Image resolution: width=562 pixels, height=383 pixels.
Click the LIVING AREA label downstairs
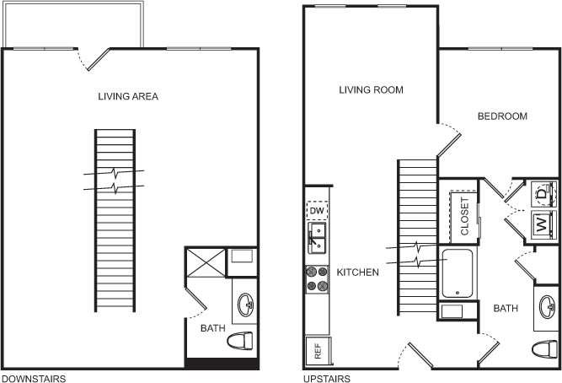(128, 96)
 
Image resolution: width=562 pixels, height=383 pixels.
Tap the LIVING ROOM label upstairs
(371, 89)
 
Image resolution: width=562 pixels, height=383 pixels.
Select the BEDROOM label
(502, 116)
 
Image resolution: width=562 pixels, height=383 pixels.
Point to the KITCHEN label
(358, 272)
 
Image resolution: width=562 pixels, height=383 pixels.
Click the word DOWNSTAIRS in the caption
(34, 379)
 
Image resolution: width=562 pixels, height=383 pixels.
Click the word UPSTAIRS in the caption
(327, 379)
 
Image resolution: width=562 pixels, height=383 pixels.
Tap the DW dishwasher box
(318, 211)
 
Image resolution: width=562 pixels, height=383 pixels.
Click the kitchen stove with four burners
(317, 278)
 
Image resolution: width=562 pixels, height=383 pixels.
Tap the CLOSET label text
(464, 216)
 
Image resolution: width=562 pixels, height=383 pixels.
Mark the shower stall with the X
(205, 264)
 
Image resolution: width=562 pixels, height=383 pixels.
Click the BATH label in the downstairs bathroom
(212, 329)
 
